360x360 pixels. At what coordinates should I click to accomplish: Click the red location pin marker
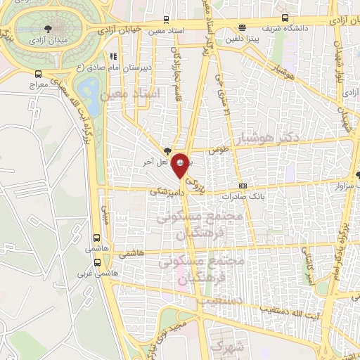coord(181,163)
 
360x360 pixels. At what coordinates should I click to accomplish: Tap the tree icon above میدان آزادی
coord(47,29)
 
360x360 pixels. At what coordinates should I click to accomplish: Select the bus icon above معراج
coord(37,72)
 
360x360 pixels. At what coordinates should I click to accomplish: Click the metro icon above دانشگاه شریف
coord(283,18)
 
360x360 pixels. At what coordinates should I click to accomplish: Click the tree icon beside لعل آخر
coord(167,151)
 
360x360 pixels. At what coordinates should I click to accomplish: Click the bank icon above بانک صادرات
coord(243,186)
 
